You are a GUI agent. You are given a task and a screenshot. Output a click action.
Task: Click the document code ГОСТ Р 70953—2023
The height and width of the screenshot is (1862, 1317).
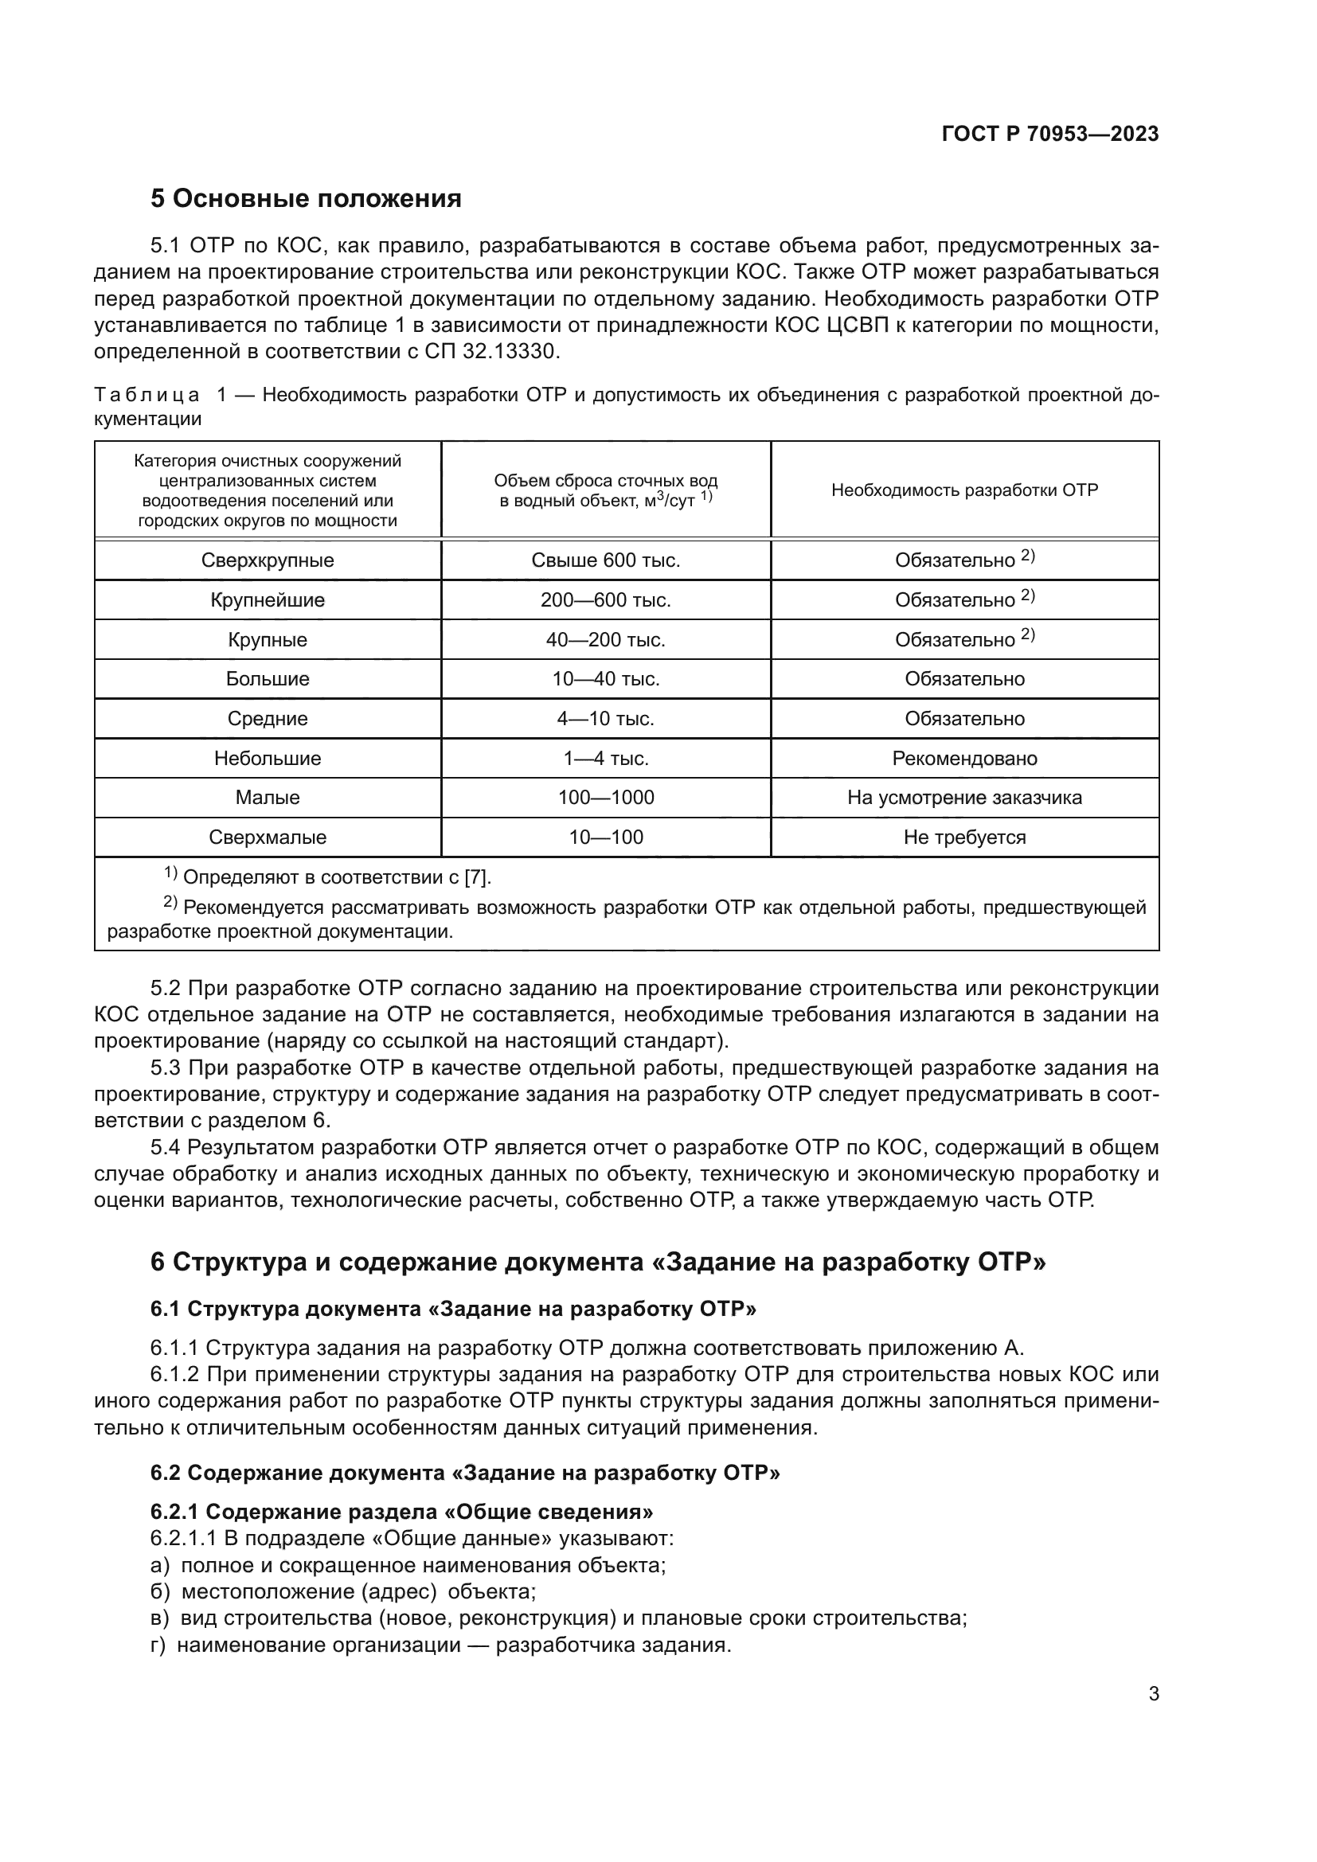click(x=1049, y=135)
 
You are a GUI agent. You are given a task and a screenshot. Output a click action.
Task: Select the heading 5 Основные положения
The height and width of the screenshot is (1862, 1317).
click(x=306, y=199)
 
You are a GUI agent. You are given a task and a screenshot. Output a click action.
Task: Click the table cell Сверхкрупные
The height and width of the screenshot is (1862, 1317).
click(x=268, y=560)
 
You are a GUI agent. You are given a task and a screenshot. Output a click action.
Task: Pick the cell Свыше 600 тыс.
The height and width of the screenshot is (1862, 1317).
click(x=606, y=560)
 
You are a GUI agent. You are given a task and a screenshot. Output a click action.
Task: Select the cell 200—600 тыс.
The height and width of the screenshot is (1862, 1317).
click(x=606, y=600)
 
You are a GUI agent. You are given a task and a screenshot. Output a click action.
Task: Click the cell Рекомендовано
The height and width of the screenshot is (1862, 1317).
click(x=964, y=759)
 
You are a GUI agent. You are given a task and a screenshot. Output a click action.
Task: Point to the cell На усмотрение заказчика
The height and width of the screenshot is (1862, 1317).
click(x=964, y=798)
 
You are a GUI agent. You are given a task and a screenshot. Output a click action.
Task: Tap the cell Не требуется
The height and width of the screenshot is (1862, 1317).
click(x=964, y=837)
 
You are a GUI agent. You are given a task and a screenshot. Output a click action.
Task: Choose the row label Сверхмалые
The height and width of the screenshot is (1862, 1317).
click(x=268, y=837)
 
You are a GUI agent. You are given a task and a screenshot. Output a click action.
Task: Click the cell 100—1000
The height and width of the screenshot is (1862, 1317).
click(x=606, y=798)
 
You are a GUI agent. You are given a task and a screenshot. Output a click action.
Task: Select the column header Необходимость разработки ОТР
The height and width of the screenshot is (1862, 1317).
click(x=964, y=490)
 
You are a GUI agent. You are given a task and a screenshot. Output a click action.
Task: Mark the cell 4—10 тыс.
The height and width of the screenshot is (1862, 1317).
click(x=606, y=719)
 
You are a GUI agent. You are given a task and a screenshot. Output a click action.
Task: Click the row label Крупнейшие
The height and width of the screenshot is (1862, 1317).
click(x=268, y=600)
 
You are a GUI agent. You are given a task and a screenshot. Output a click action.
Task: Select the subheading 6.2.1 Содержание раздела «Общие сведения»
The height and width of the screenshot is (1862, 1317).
click(x=401, y=1512)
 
